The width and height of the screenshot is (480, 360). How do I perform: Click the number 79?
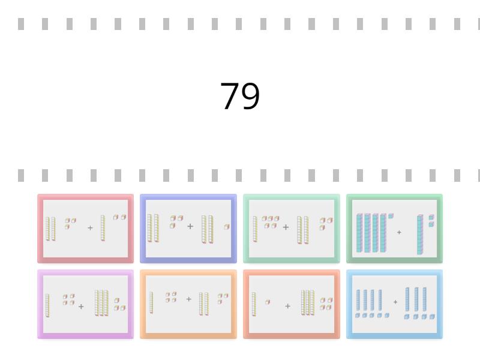click(240, 97)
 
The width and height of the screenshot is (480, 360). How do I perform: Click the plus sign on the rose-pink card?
click(90, 228)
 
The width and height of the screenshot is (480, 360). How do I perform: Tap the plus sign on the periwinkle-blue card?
click(190, 227)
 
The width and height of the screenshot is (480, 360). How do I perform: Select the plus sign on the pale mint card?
click(286, 227)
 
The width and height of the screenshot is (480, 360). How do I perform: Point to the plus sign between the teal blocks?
click(399, 232)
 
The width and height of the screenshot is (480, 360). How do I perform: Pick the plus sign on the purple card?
click(81, 307)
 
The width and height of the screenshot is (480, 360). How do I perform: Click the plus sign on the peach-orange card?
click(188, 299)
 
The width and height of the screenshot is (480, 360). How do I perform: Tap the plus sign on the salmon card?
click(287, 306)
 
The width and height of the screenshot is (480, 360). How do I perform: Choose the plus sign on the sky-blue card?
click(395, 302)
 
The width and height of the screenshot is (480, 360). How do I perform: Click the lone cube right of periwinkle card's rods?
click(227, 227)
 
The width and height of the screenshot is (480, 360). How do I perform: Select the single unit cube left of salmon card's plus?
click(267, 302)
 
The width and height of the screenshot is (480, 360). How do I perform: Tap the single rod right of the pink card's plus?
click(103, 228)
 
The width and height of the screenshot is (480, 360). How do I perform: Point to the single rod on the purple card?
click(47, 305)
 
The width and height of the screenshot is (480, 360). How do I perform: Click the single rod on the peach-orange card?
click(151, 302)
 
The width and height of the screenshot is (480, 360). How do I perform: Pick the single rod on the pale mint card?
click(255, 229)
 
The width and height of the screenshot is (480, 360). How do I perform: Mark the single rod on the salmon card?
click(254, 304)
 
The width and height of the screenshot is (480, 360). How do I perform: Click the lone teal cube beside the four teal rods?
click(391, 216)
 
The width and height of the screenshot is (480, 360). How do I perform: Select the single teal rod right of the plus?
click(420, 235)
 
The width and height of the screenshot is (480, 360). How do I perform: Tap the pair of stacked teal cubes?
click(431, 221)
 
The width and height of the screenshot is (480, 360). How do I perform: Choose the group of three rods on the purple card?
click(101, 303)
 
